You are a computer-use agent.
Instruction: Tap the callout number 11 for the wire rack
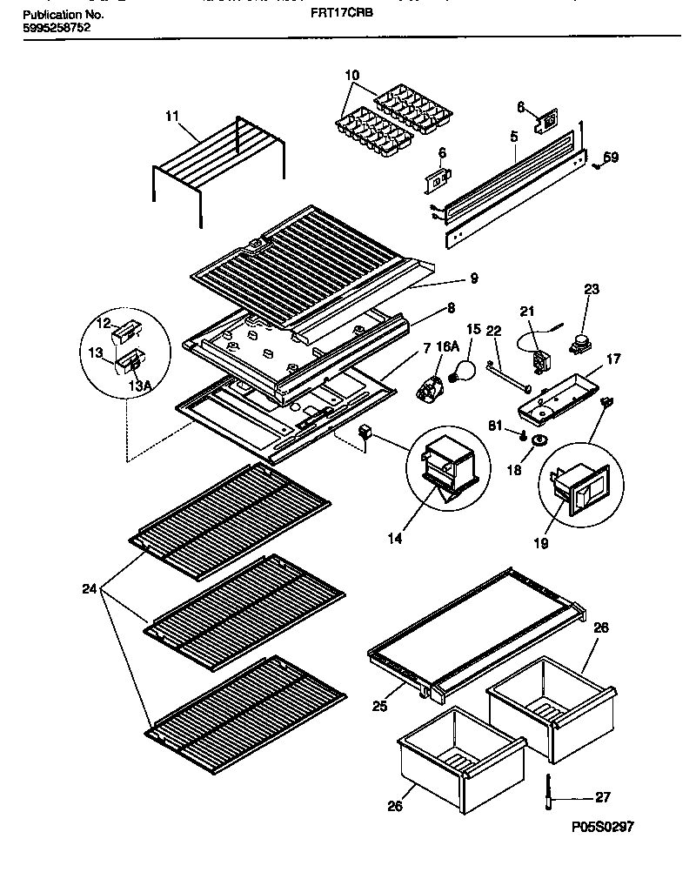coord(171,115)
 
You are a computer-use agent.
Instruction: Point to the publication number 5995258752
coord(56,29)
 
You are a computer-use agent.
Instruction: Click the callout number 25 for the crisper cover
coord(380,707)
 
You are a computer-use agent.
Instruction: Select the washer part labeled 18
coord(539,441)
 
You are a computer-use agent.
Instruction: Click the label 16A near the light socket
coord(446,346)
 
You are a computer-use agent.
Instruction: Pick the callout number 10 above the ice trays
coord(352,77)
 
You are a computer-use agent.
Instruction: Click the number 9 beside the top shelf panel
coord(474,279)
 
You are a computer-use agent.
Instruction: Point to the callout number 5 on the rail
coord(514,136)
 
